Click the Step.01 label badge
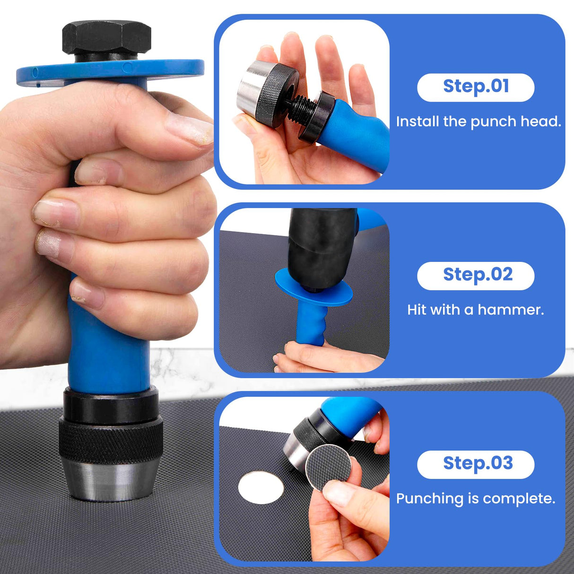click(476, 87)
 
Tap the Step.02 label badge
click(476, 276)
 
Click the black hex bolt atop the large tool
click(106, 38)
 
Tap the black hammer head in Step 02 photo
click(322, 246)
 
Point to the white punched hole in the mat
click(261, 487)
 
